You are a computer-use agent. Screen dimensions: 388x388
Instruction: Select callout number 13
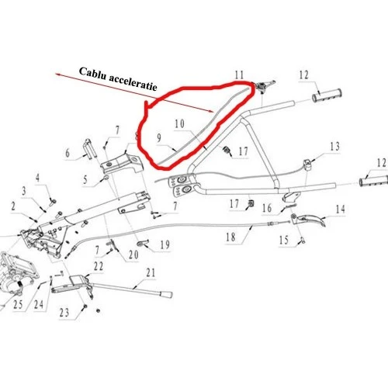click(335, 147)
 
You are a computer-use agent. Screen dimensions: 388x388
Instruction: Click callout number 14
click(339, 209)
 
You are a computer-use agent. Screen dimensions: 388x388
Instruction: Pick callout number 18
click(229, 237)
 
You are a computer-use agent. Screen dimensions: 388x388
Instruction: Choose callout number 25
click(17, 305)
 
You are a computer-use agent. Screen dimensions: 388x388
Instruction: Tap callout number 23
click(63, 312)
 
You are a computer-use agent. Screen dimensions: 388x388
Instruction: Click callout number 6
click(67, 154)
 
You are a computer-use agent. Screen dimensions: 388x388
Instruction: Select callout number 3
click(24, 190)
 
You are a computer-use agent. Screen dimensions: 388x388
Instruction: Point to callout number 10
click(179, 124)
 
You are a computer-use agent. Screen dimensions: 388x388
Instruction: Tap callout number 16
click(265, 208)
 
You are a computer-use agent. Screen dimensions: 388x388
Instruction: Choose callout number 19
click(165, 245)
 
